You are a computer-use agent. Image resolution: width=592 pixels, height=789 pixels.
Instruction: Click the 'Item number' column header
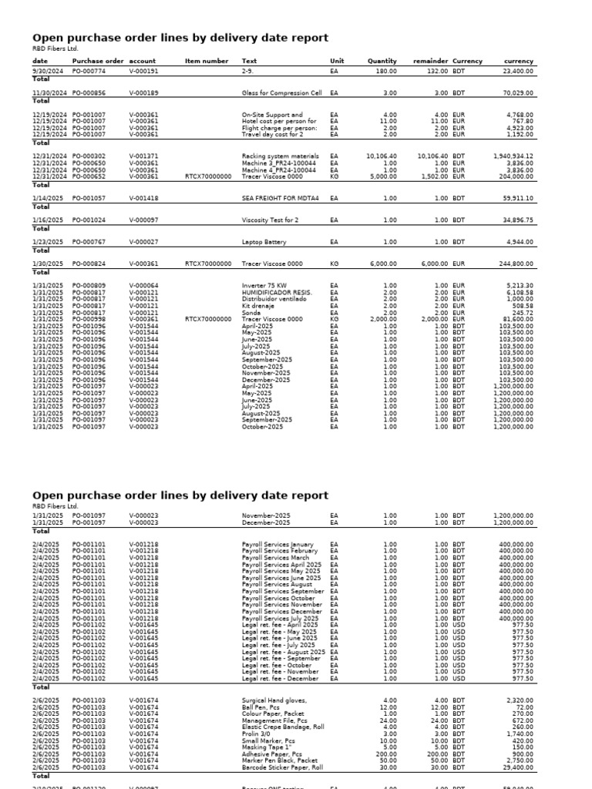pyautogui.click(x=207, y=61)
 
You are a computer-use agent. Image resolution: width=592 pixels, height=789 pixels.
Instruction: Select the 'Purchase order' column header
pyautogui.click(x=97, y=61)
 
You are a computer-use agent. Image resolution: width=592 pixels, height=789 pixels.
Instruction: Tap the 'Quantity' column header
pyautogui.click(x=382, y=61)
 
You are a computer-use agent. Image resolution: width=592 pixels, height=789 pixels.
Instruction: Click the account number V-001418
pyautogui.click(x=143, y=198)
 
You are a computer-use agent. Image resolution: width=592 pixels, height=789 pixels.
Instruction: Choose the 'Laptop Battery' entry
pyautogui.click(x=264, y=242)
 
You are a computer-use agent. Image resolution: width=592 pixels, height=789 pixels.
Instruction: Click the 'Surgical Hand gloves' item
pyautogui.click(x=274, y=700)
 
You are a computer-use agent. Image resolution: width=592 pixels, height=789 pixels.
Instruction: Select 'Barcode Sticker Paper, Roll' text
pyautogui.click(x=282, y=767)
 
